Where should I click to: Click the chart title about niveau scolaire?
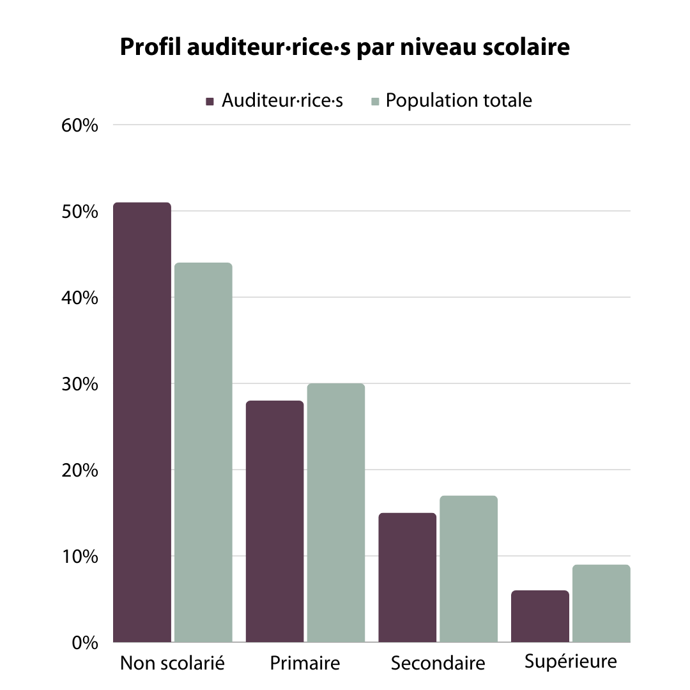coord(344,47)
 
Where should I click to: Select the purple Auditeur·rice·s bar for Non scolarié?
coord(142,422)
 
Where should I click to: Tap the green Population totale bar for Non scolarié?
coord(203,452)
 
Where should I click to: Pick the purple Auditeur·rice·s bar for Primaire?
coord(275,521)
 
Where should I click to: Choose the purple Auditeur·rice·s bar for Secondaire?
coord(408,577)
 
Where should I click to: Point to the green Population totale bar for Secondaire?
coord(469,569)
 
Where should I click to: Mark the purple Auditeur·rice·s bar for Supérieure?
coord(540,616)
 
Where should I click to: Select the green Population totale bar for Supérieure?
coord(601,603)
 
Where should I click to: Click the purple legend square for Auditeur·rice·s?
coord(210,102)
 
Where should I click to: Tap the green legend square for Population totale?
coord(376,102)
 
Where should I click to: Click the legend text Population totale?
coord(459,101)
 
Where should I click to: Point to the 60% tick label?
coord(80,125)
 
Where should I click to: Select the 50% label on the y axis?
coord(80,211)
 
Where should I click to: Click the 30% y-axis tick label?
coord(80,384)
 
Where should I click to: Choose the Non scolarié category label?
coord(172,663)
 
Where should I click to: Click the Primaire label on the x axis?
coord(305,663)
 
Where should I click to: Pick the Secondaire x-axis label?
coord(438,663)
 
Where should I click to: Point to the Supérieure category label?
coord(571,661)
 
